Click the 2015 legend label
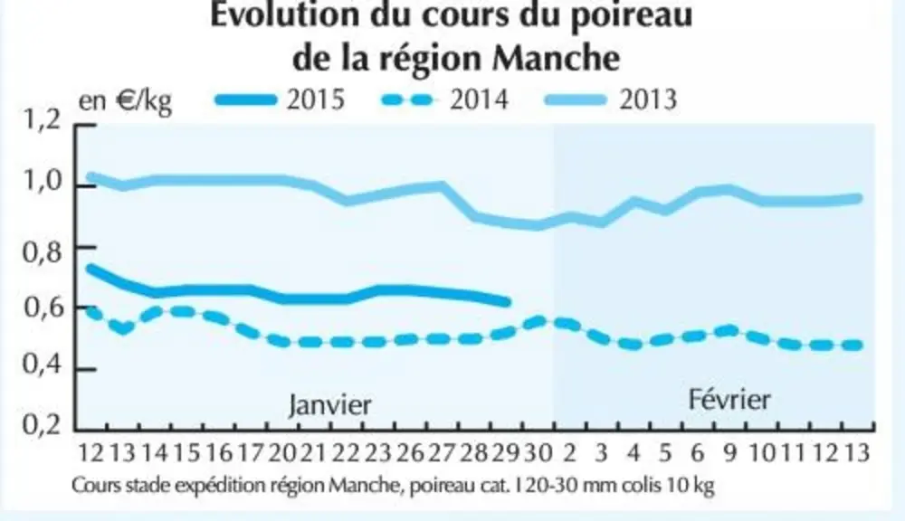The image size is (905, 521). click(x=316, y=99)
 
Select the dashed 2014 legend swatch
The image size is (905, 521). click(x=407, y=100)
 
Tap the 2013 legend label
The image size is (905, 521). click(x=648, y=99)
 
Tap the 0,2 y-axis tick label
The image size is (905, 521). click(x=42, y=424)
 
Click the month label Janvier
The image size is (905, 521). click(x=330, y=404)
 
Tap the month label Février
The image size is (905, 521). click(x=729, y=399)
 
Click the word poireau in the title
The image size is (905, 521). click(x=632, y=14)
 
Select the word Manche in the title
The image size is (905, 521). click(x=557, y=58)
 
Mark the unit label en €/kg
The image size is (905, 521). click(x=126, y=101)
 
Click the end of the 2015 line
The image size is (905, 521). click(x=507, y=302)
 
